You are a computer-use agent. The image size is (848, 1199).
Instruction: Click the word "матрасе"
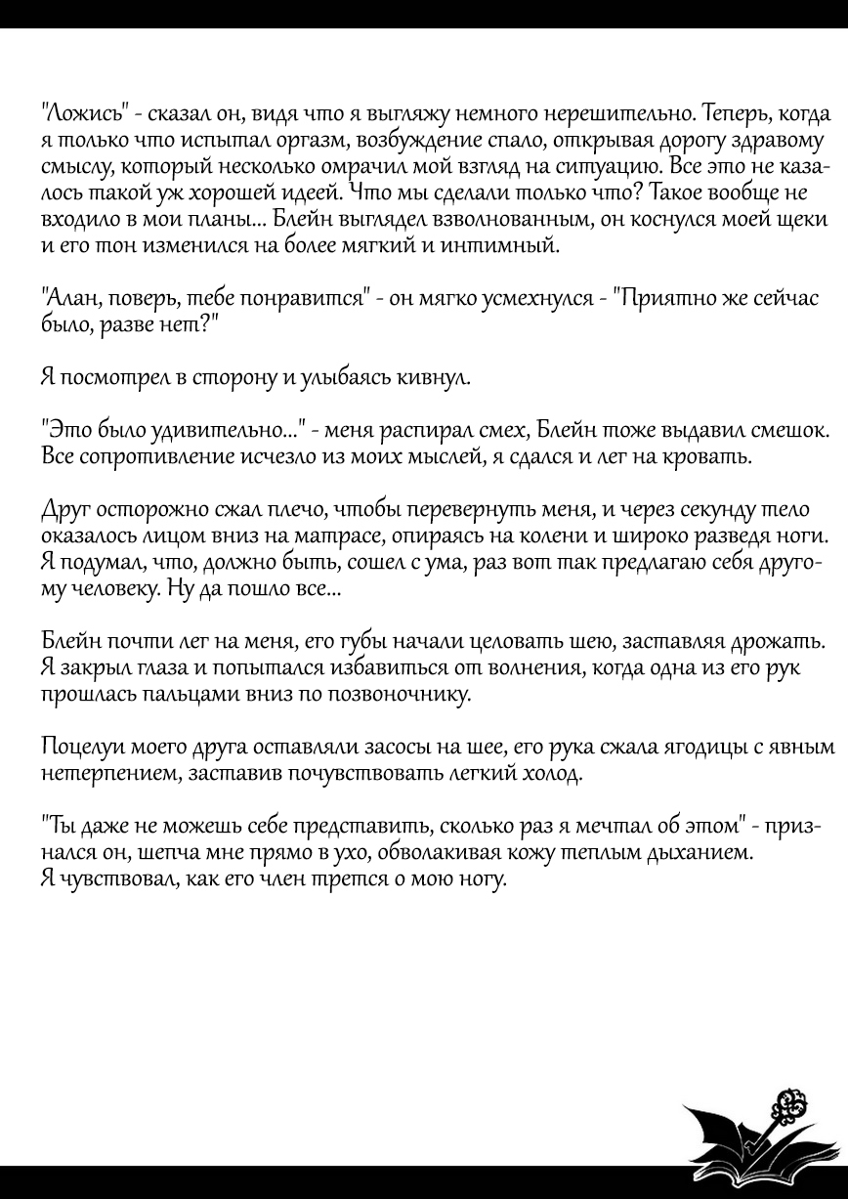coord(345,537)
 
